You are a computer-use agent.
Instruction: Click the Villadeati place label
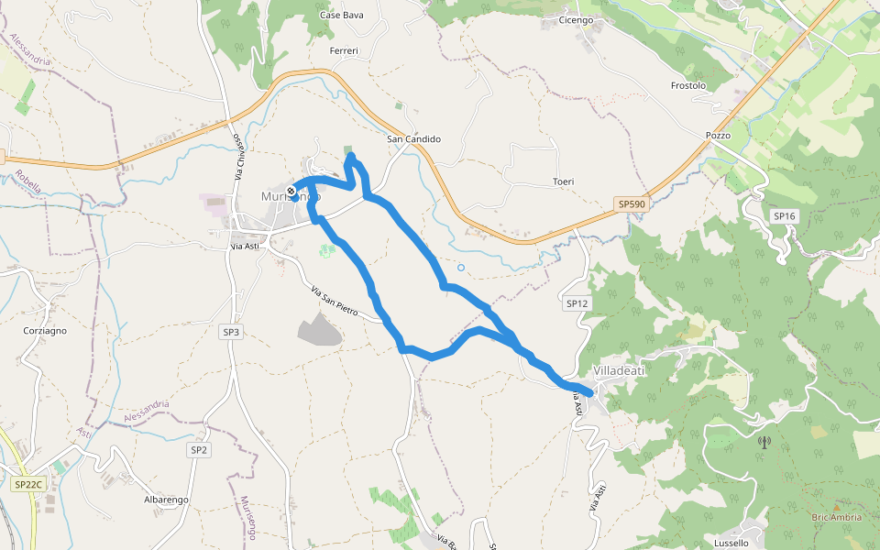[620, 370]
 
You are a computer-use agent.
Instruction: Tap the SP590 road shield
[632, 204]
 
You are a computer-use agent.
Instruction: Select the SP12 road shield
[577, 303]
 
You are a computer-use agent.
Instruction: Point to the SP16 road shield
[784, 216]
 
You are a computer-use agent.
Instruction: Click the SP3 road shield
[231, 332]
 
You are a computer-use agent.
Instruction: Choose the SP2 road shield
[200, 450]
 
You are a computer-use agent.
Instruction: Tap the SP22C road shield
[28, 483]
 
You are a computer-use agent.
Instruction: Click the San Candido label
[413, 139]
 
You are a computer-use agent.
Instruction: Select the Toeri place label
[563, 181]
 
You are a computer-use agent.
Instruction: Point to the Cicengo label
[576, 20]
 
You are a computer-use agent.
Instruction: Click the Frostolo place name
[688, 86]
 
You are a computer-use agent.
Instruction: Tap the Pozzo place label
[718, 136]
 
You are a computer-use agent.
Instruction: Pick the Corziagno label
[45, 331]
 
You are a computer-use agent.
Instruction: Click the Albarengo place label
[166, 500]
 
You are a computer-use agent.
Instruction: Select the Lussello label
[731, 543]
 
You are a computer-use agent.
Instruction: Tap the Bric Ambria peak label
[836, 517]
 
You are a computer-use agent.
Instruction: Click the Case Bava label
[342, 15]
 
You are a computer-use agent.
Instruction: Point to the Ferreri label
[344, 51]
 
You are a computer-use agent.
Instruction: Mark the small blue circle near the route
[461, 268]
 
